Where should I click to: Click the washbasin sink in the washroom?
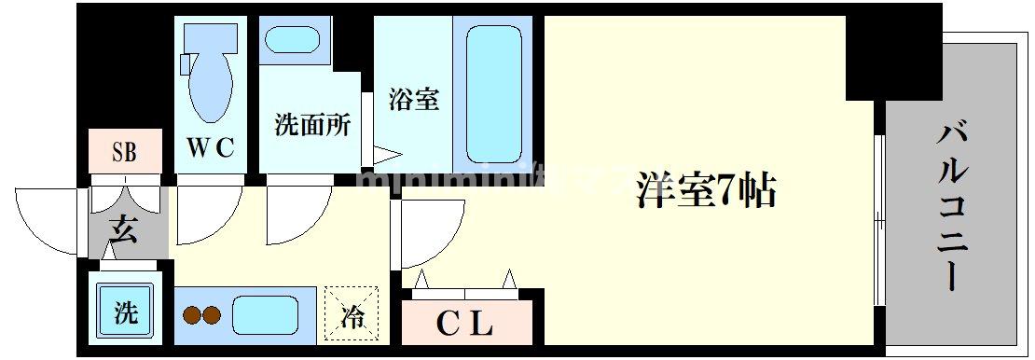coord(292,42)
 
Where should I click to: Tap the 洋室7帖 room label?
coord(707,191)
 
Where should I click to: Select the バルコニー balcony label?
coord(955,204)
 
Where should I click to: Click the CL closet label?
coord(464,325)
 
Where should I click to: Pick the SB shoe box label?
coord(125,152)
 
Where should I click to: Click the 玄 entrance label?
coord(125,228)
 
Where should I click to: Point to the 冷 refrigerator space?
coord(352,314)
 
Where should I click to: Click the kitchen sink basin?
coord(269,315)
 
